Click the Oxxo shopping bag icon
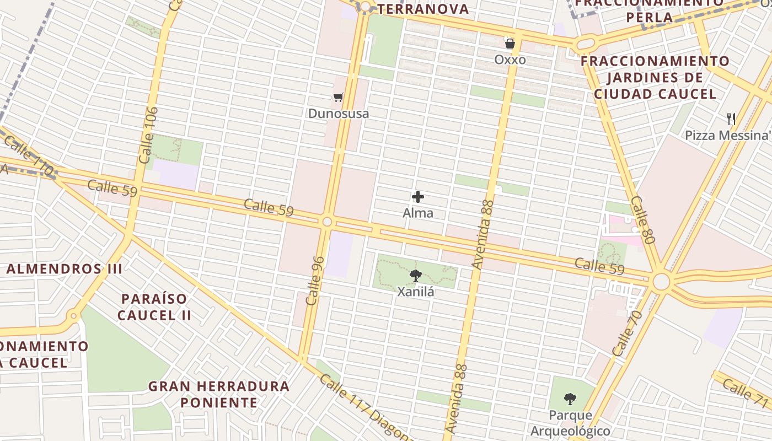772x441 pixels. click(x=510, y=42)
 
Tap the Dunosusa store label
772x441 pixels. click(x=338, y=114)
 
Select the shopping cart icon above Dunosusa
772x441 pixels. click(x=338, y=98)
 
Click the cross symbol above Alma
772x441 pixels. click(x=418, y=197)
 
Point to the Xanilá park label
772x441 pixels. click(x=416, y=292)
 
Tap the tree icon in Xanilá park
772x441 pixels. click(x=416, y=276)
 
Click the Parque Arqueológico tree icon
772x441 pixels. click(x=570, y=399)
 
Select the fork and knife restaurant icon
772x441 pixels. click(x=731, y=119)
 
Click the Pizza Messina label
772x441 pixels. click(x=727, y=135)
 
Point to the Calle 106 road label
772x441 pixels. click(x=149, y=135)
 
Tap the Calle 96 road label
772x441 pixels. click(x=315, y=281)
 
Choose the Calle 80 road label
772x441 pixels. click(x=642, y=220)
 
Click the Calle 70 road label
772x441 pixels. click(x=628, y=333)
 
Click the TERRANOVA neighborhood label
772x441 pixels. click(x=423, y=9)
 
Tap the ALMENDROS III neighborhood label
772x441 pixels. click(x=64, y=269)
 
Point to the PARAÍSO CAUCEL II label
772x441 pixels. click(x=154, y=307)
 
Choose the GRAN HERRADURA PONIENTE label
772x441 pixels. click(x=218, y=394)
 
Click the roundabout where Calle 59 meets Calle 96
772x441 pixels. click(x=327, y=222)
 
